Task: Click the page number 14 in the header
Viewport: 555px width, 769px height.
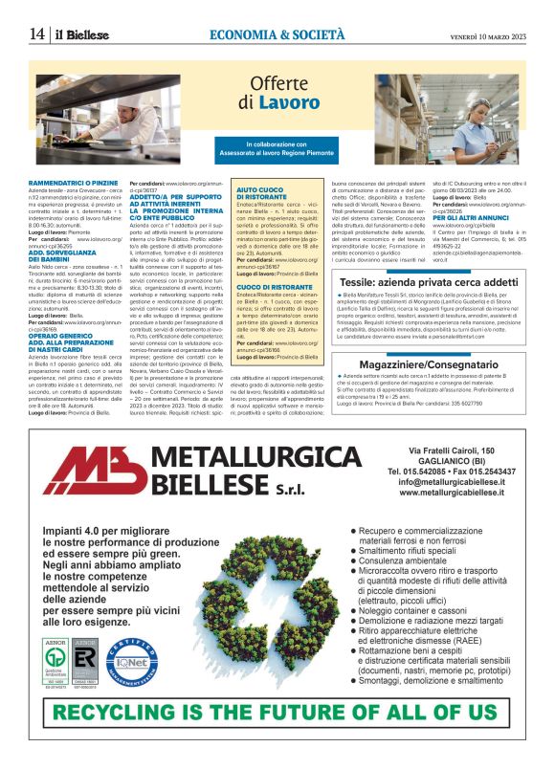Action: [36, 33]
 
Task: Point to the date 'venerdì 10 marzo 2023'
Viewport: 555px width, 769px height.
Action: [488, 34]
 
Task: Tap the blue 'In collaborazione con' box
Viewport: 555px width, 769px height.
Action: [277, 148]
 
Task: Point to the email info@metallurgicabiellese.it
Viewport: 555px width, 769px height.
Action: [451, 482]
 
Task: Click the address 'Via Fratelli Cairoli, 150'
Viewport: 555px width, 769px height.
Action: [451, 450]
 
